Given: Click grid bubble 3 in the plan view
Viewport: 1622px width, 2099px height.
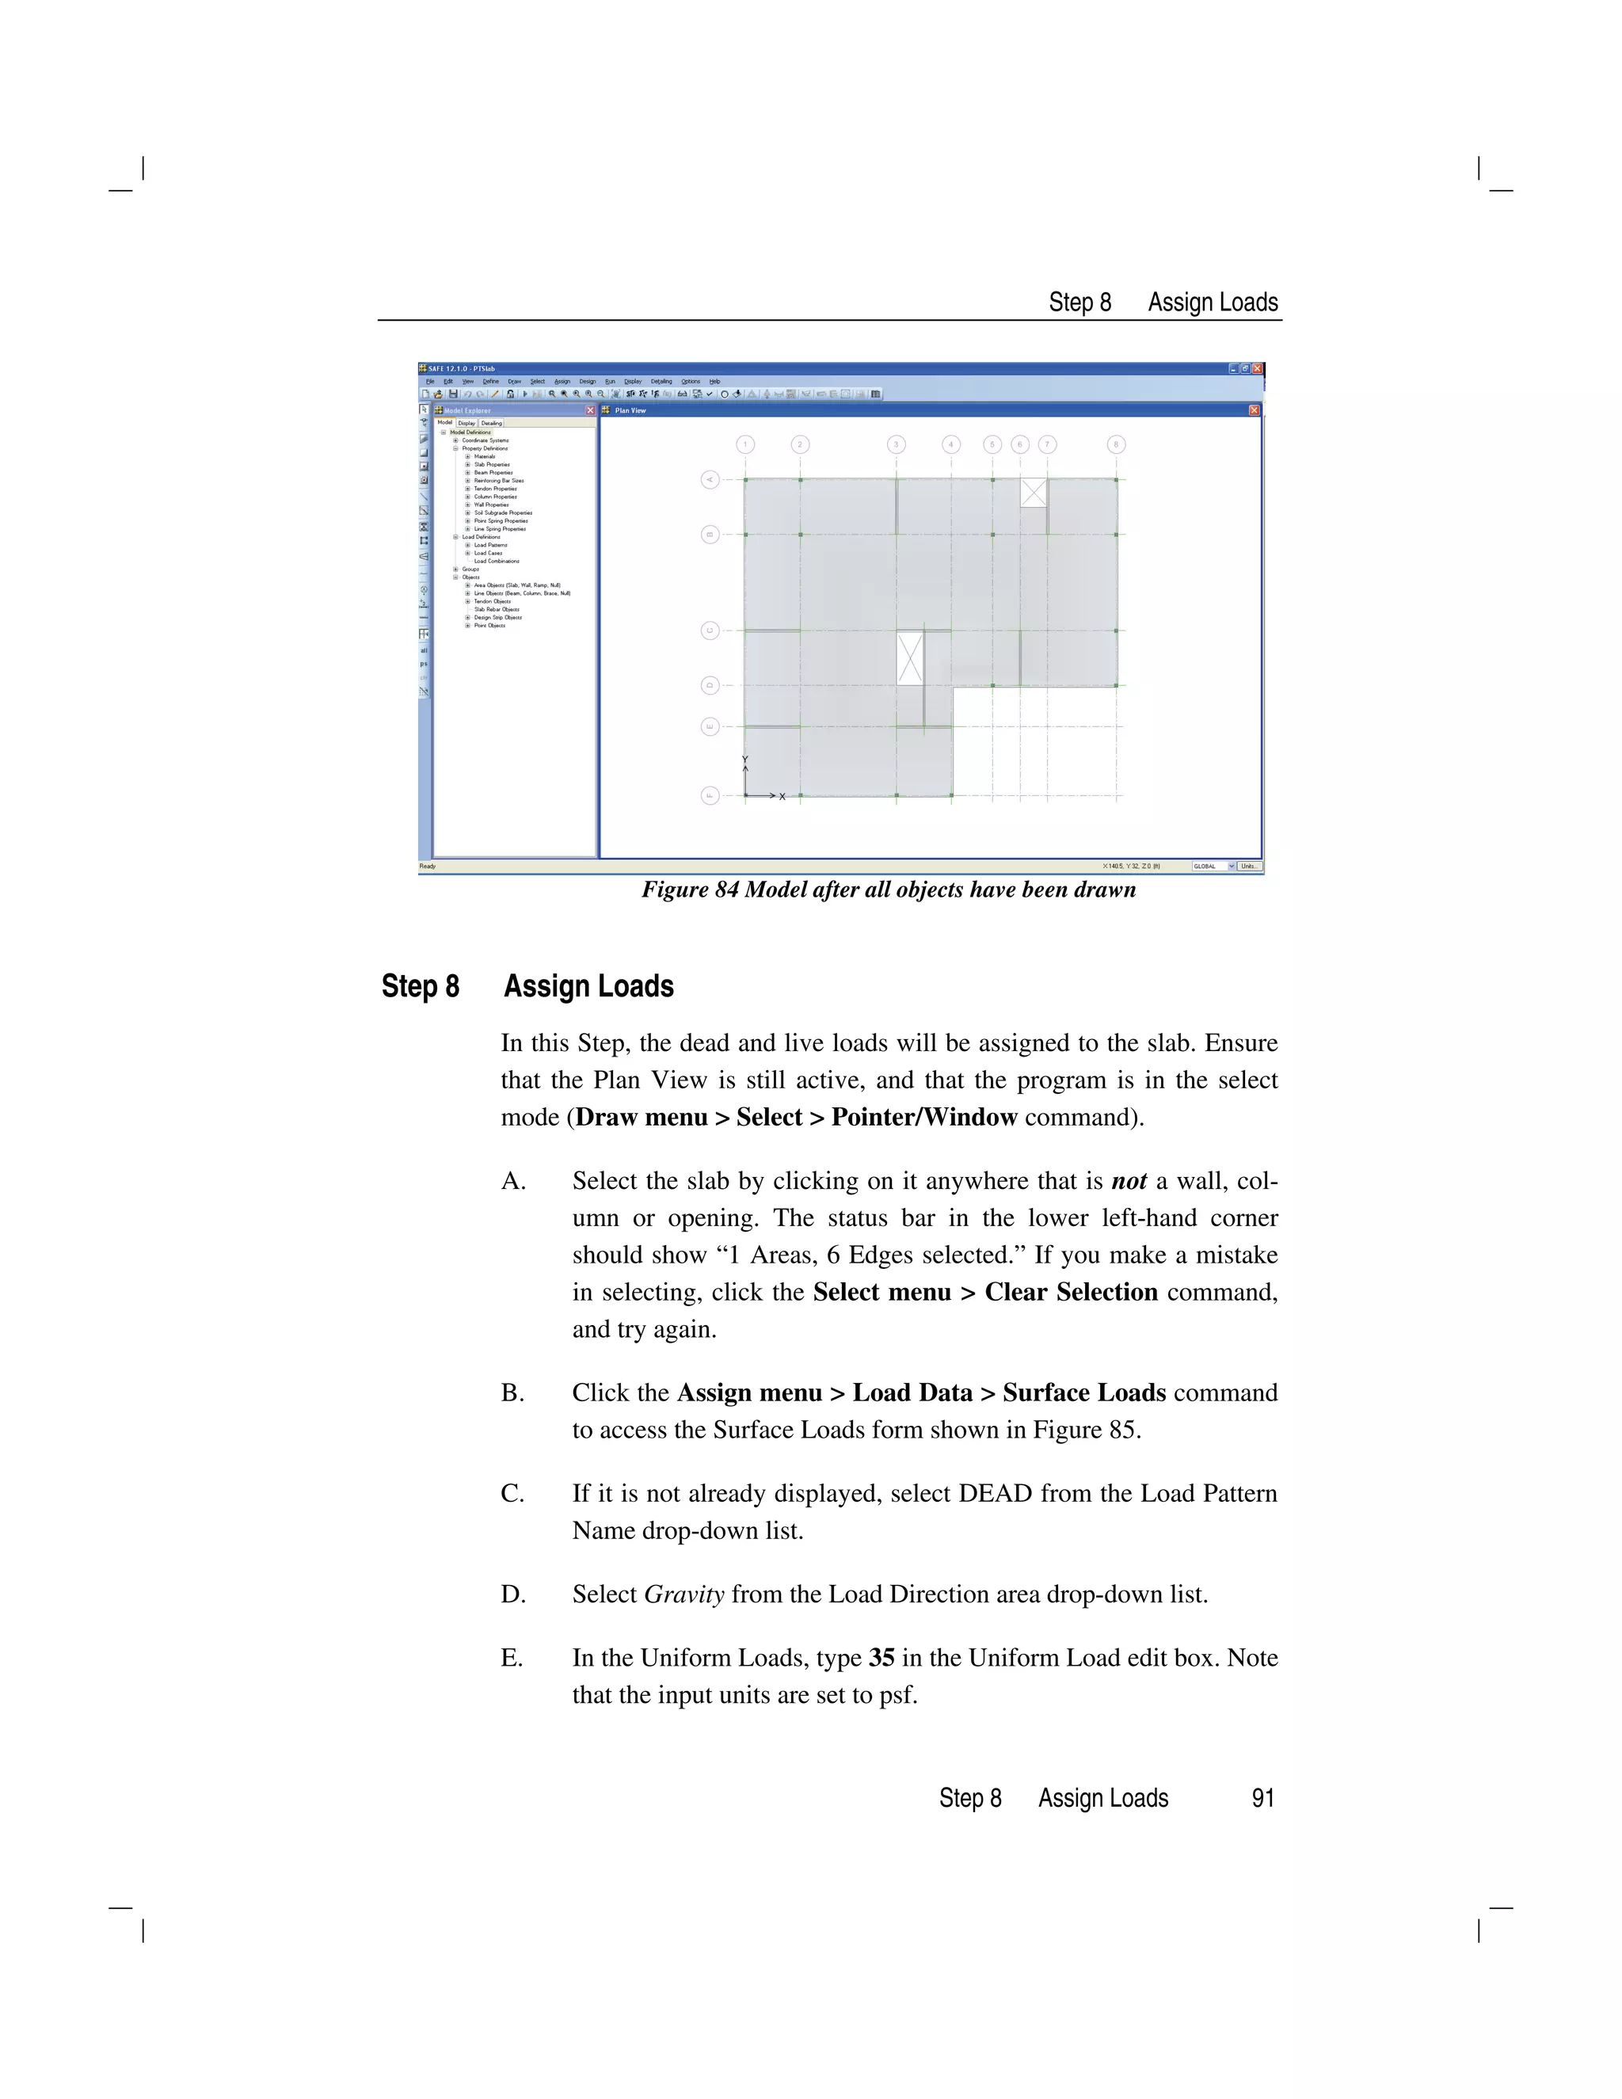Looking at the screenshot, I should click(x=896, y=444).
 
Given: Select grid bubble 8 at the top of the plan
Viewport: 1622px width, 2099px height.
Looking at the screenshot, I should click(x=1116, y=444).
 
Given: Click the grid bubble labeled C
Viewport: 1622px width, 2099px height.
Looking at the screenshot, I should click(x=710, y=630).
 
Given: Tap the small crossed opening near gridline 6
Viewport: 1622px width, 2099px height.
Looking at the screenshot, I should click(x=1033, y=492).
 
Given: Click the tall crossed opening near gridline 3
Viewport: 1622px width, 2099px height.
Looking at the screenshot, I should click(x=909, y=657).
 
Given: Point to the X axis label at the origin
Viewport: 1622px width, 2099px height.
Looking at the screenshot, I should click(x=782, y=797).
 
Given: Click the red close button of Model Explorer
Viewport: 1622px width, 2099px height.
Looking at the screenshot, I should click(x=590, y=410).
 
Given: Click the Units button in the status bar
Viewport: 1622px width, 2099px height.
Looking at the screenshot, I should click(x=1249, y=866).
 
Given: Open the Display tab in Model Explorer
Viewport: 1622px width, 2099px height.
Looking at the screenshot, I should click(x=466, y=423).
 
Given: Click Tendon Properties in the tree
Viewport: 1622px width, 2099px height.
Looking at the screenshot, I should click(x=495, y=488).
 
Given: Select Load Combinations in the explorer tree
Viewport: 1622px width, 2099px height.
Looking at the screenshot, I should click(x=496, y=562).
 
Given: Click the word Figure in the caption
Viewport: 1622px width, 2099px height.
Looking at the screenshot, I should click(x=676, y=890).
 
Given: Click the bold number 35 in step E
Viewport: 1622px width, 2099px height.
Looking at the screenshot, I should click(x=881, y=1658).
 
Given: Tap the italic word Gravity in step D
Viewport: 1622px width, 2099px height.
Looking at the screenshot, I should click(x=683, y=1594).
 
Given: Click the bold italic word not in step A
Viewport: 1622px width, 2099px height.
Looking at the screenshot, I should click(x=1128, y=1181).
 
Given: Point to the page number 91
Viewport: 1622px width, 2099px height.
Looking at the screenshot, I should click(x=1262, y=1798).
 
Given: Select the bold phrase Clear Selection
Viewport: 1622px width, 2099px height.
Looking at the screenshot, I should click(x=1071, y=1293).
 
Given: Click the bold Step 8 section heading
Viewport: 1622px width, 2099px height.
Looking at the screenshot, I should click(x=420, y=986).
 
